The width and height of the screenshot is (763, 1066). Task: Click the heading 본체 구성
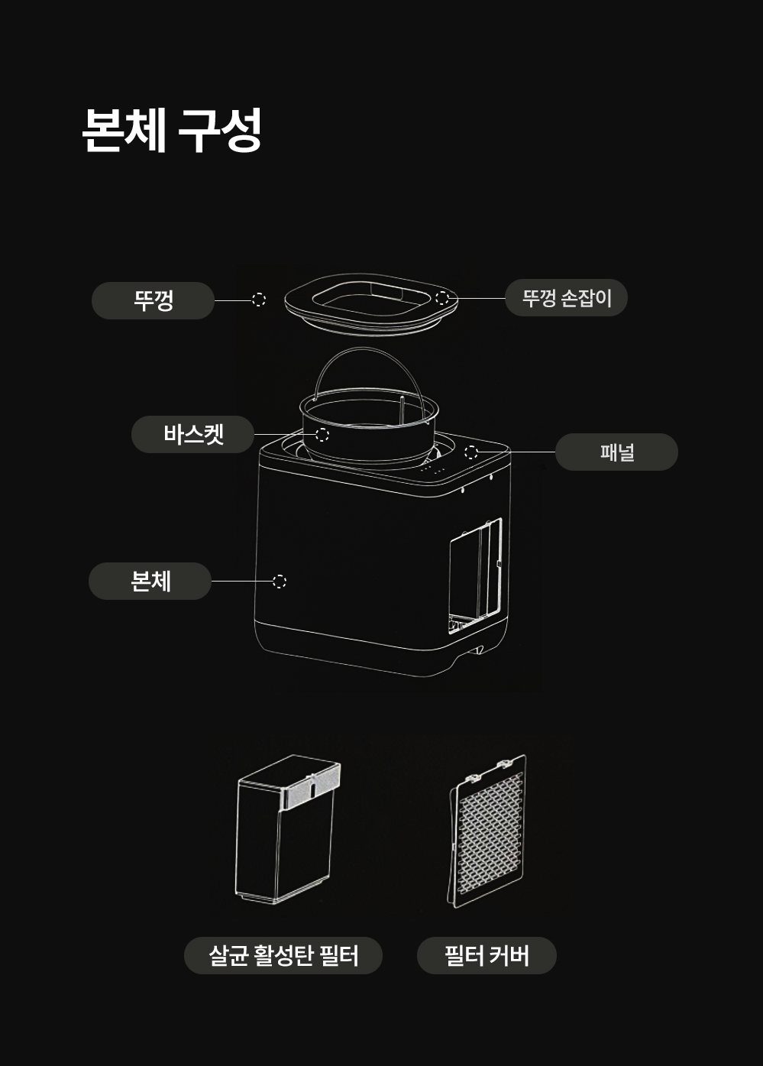coord(172,130)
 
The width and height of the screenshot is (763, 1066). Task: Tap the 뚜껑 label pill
coord(153,300)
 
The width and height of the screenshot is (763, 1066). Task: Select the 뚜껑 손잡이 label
coord(566,298)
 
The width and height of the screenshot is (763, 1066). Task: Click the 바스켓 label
coord(192,434)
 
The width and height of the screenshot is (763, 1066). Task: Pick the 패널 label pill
coord(616,452)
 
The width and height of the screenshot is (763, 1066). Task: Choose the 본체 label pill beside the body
coord(150,581)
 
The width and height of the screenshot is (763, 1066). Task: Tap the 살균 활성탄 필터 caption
coord(283,955)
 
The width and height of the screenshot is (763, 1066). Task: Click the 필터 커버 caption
coord(487,955)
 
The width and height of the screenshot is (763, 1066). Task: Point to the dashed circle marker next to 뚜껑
coord(259,300)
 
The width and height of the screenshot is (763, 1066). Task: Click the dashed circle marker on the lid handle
coord(442,297)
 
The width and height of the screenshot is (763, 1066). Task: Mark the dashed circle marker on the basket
coord(322,435)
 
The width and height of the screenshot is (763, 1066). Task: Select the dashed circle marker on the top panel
coord(471,452)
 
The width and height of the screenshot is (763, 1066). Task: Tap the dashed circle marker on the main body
coord(280,582)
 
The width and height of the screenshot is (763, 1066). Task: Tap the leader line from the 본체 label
coord(241,582)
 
